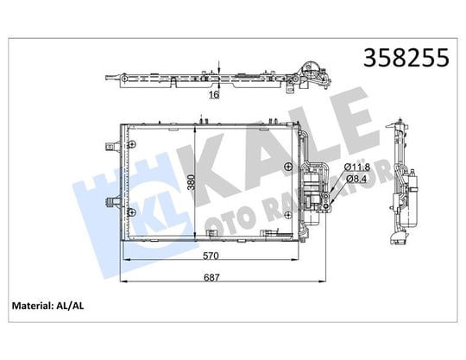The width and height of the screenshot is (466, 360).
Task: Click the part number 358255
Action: click(x=406, y=57)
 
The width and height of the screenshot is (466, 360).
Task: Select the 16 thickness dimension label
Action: click(x=214, y=95)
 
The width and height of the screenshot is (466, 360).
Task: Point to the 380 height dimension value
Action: click(x=191, y=182)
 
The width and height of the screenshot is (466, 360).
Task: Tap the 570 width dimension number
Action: click(x=211, y=256)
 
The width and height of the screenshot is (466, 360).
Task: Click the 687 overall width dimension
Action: click(x=211, y=277)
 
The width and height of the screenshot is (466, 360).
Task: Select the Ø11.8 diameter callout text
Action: click(x=356, y=167)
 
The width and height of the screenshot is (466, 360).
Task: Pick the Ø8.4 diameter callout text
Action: click(x=356, y=179)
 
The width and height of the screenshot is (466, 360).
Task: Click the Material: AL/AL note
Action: click(x=47, y=306)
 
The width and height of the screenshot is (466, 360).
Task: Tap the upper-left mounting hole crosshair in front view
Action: click(x=132, y=144)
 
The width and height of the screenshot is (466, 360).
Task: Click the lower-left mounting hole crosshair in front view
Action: click(x=132, y=212)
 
